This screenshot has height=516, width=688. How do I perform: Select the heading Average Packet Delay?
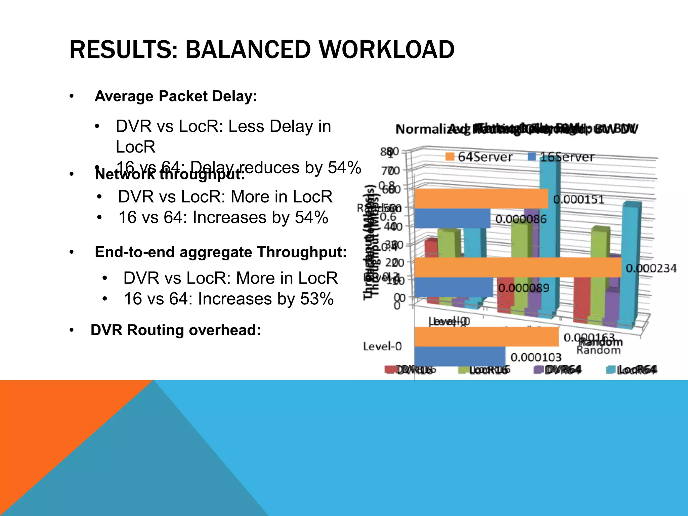click(x=176, y=96)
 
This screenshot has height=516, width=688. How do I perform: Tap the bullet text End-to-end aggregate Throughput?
click(x=220, y=252)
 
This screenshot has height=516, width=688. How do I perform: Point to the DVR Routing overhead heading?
click(x=176, y=330)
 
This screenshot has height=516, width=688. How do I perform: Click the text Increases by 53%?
click(x=229, y=299)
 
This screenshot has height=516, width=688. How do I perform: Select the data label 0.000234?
click(x=651, y=268)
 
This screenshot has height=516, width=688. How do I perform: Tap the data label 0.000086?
click(x=521, y=219)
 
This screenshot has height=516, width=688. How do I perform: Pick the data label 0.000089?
click(x=523, y=288)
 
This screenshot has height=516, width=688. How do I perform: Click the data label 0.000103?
click(x=536, y=357)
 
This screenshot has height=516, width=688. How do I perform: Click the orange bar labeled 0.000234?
click(x=517, y=267)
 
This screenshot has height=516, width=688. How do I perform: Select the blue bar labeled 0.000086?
click(x=452, y=218)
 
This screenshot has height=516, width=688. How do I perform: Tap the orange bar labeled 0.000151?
click(x=480, y=199)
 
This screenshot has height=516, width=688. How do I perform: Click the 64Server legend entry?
click(x=479, y=157)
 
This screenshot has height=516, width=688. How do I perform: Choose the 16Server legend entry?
click(x=561, y=157)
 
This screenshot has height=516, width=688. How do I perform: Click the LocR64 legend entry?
click(x=632, y=370)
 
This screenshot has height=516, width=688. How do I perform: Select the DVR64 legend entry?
click(x=558, y=370)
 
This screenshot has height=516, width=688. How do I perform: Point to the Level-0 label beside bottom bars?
click(x=382, y=346)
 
